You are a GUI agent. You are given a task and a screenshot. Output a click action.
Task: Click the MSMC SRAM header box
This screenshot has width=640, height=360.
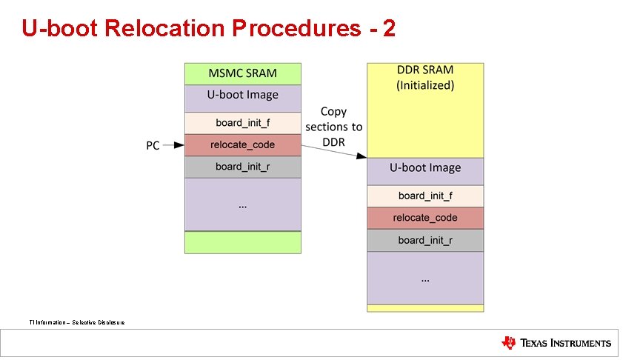coord(242,73)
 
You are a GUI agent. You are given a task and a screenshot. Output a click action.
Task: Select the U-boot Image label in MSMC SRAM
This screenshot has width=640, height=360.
coord(242,95)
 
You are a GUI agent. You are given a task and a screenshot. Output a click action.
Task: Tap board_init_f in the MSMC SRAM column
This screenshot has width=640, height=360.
coord(242,122)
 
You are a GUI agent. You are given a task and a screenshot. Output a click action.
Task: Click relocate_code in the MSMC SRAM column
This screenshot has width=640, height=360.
coord(242,145)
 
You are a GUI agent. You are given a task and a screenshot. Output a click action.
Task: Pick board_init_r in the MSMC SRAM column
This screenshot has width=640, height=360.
coord(242,167)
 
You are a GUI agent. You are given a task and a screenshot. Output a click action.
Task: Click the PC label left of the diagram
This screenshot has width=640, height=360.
coord(153,146)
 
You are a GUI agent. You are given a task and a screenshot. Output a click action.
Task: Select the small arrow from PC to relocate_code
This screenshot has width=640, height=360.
coord(173,145)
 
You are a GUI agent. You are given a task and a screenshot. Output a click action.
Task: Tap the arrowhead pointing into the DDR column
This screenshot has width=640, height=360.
coord(362,156)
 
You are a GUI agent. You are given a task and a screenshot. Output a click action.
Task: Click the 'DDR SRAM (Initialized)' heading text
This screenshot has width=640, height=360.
coord(425,78)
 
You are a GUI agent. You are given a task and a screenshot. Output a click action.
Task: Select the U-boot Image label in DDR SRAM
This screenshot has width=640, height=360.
coord(425,168)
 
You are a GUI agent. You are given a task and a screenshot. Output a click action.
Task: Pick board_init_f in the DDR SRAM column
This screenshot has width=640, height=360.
coord(425,196)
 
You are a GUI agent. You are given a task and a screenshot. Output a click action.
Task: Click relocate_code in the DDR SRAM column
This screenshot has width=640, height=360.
coord(425,218)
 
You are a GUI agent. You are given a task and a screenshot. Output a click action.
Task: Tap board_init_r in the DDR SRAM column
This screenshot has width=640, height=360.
coord(425,240)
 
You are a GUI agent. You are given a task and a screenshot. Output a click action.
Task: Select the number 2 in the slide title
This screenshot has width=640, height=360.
coord(388,28)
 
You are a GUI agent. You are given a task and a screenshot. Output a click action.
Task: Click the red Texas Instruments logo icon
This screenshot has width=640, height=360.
coord(509,342)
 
